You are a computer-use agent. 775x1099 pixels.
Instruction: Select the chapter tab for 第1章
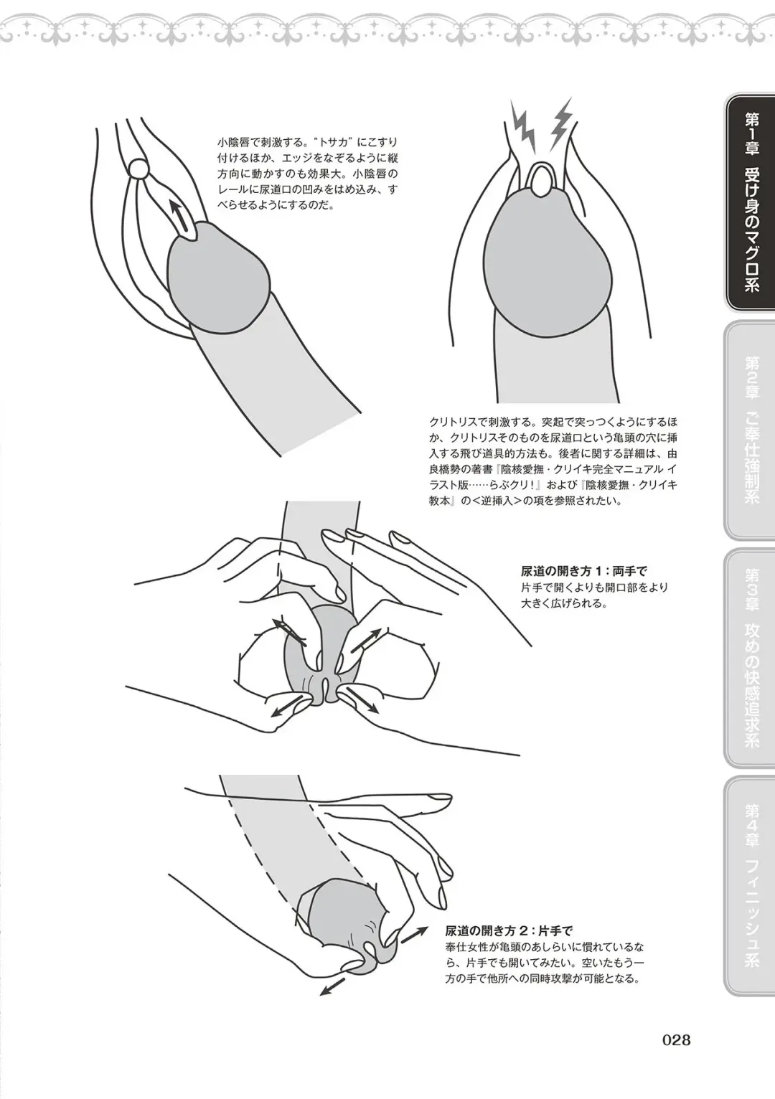point(750,202)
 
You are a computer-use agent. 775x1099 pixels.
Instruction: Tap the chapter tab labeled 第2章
point(750,430)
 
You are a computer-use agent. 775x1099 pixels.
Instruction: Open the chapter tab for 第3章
point(750,657)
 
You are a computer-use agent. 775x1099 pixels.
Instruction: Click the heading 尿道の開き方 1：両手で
point(583,572)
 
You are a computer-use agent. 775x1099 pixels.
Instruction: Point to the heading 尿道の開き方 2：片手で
point(508,930)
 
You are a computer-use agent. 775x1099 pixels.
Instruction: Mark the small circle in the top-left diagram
point(138,169)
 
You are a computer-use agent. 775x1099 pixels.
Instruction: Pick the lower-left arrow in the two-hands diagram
point(284,707)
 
